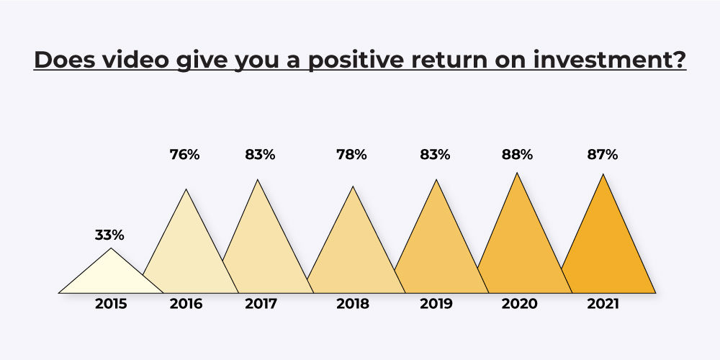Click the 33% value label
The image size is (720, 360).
[109, 235]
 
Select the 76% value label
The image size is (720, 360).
[184, 155]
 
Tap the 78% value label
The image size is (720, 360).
[351, 155]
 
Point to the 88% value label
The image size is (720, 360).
[517, 155]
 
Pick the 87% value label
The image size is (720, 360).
[603, 155]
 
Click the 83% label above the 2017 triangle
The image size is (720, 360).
[260, 155]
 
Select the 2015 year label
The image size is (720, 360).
[111, 304]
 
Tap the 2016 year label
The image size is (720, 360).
[186, 304]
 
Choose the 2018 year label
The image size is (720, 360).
[353, 304]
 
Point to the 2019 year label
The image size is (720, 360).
[436, 304]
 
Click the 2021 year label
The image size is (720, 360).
[603, 304]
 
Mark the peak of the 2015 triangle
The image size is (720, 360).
[111, 248]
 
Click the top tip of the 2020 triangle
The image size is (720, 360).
[518, 173]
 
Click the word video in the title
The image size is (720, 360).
[135, 60]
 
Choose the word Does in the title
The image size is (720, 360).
[64, 60]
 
